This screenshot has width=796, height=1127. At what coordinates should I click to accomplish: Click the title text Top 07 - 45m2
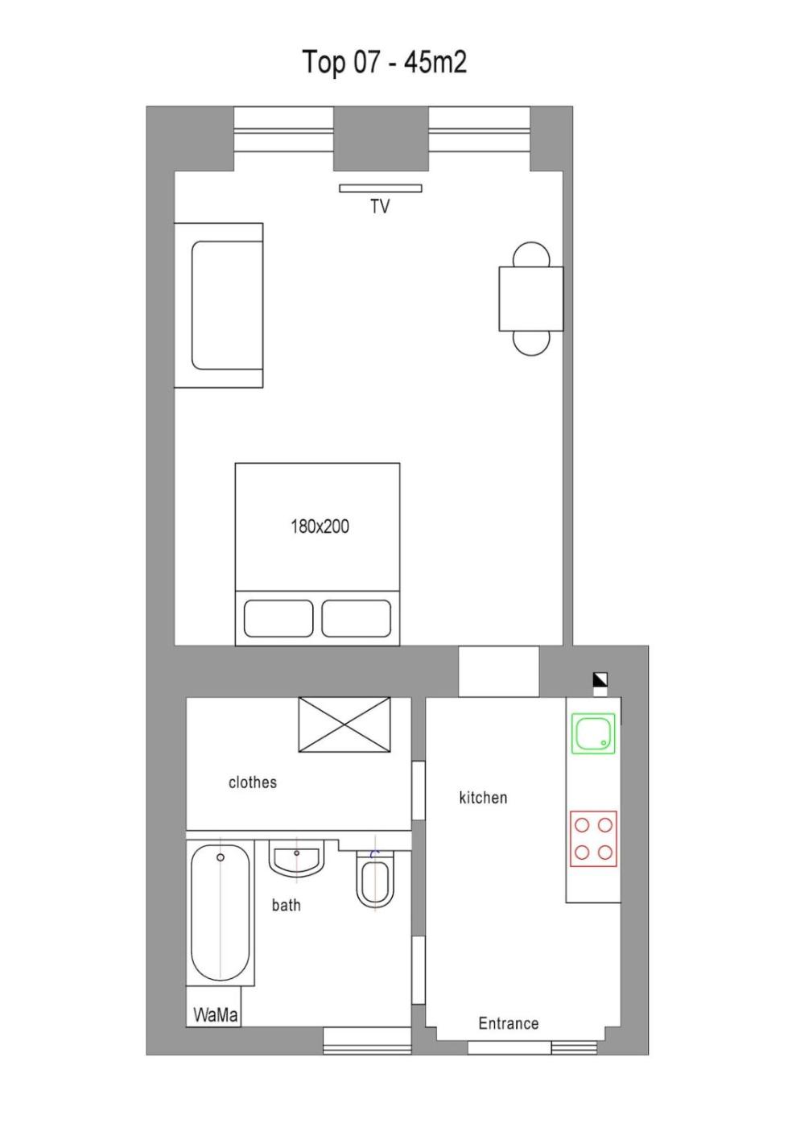coord(385,63)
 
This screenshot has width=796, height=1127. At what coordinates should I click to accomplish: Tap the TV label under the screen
coord(380,206)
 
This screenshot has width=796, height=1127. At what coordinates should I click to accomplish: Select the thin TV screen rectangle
coord(381,188)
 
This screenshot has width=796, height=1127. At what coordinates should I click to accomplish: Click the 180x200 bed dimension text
coord(320,526)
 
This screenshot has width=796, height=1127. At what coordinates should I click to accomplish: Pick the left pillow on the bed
coord(278,618)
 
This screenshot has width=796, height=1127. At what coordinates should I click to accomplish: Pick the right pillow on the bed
coord(357,618)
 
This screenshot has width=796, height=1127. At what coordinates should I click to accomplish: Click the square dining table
coord(531,299)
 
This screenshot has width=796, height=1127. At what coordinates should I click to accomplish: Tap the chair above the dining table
coord(531,254)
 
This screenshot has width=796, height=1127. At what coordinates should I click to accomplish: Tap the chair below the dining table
coord(531,344)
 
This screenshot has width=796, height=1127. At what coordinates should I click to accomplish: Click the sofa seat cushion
coord(227,305)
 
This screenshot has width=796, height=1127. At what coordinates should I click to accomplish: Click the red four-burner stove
coord(594,839)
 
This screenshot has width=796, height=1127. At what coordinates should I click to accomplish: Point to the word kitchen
coord(483,798)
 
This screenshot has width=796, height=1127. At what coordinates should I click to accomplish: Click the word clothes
coord(253,782)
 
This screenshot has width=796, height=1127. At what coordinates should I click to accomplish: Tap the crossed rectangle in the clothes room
coord(344,724)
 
